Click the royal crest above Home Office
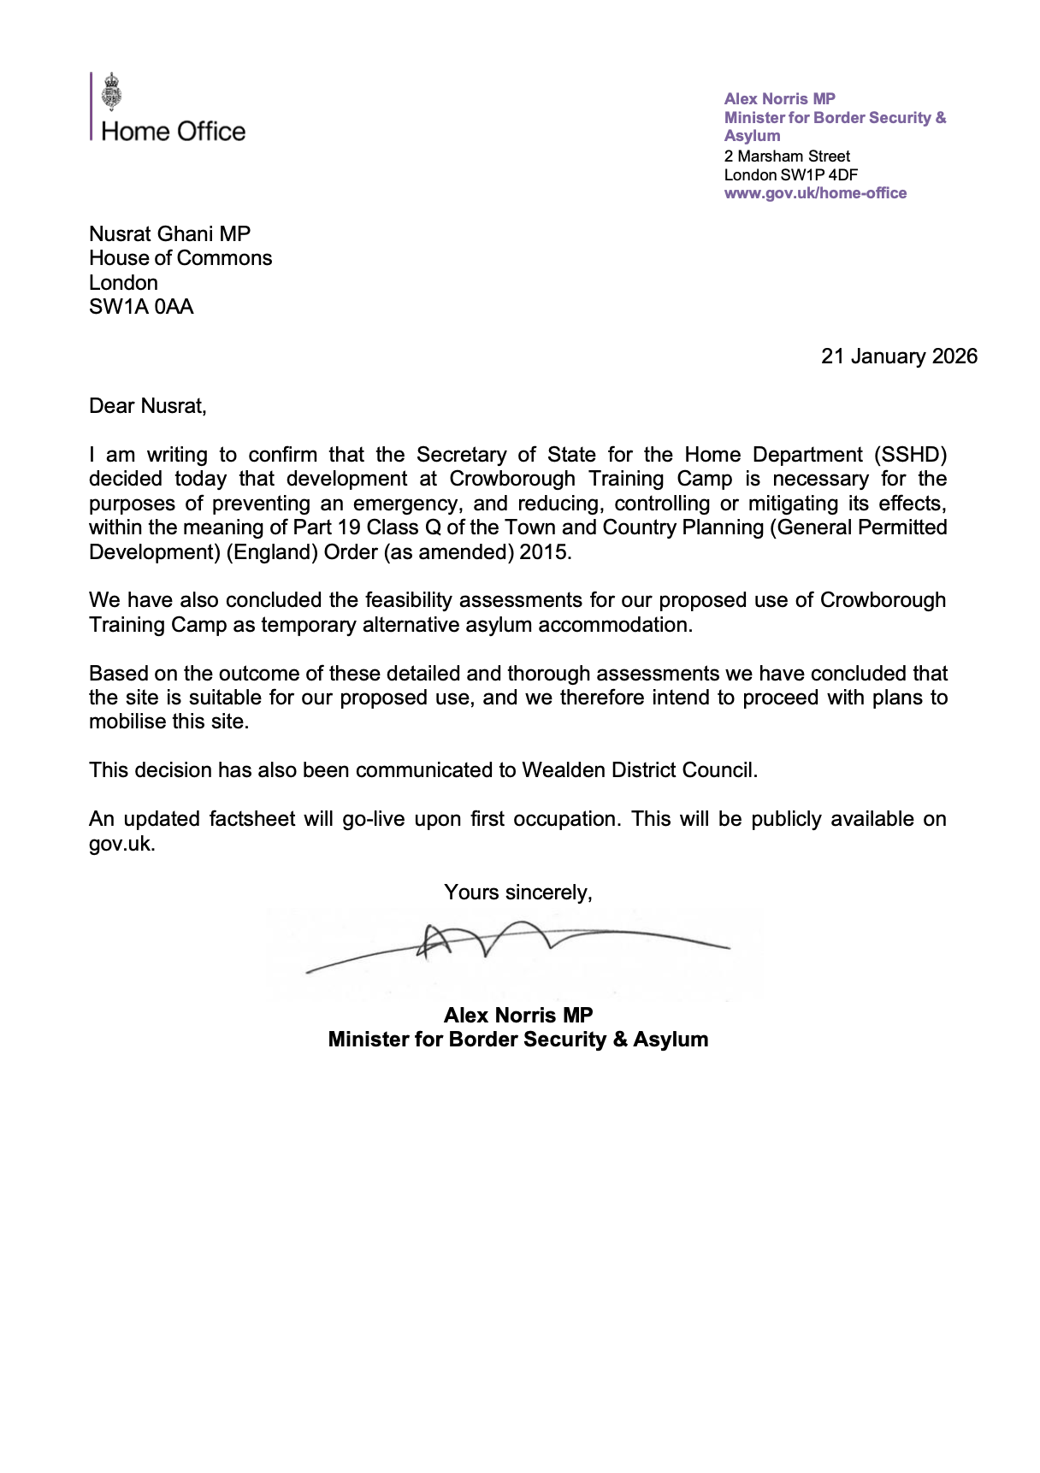[111, 91]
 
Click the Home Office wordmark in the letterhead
[173, 132]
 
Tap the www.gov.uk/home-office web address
[815, 193]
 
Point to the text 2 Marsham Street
[787, 156]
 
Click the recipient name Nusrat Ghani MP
[169, 234]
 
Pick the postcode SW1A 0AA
[141, 307]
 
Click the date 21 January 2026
[899, 356]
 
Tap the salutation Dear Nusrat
[147, 406]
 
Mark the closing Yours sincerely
[517, 893]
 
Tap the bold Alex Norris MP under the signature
[517, 1016]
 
